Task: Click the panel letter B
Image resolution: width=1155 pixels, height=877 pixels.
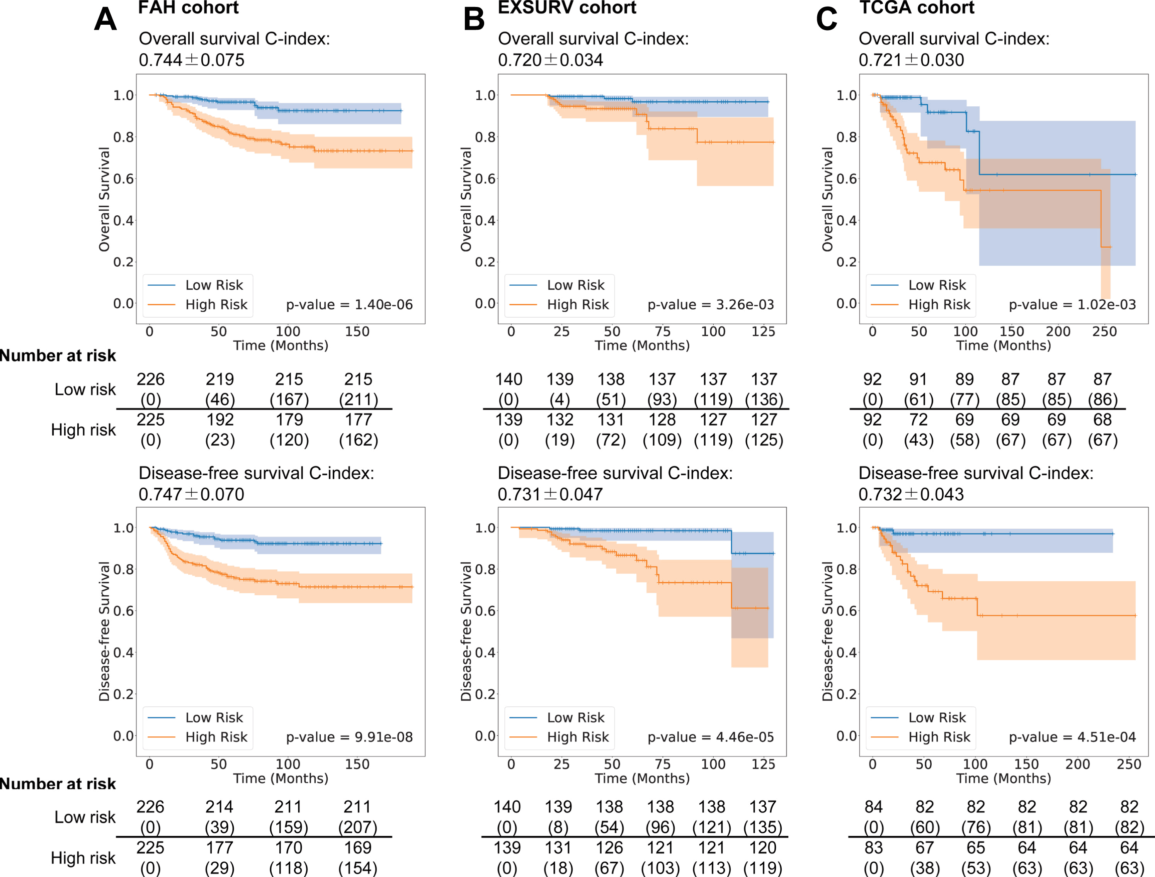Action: tap(474, 19)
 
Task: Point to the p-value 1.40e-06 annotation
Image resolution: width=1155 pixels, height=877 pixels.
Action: tap(349, 305)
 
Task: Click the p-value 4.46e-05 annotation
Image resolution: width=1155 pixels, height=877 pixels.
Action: tap(711, 737)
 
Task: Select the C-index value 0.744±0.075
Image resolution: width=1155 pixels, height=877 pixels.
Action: tap(191, 60)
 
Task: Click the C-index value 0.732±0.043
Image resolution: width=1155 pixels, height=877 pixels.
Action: tap(911, 494)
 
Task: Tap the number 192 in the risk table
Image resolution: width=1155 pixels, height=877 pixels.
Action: tap(220, 419)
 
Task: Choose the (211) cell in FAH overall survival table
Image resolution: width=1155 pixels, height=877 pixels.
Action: tap(358, 400)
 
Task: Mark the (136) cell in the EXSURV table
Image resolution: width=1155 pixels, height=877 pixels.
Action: tap(764, 400)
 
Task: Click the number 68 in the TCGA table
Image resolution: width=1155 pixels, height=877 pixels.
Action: tap(1102, 419)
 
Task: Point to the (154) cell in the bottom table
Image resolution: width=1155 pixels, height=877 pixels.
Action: tap(358, 868)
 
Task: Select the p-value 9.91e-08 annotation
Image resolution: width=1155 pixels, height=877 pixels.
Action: tap(349, 737)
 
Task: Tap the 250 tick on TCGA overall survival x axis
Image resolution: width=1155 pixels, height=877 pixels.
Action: tap(1104, 332)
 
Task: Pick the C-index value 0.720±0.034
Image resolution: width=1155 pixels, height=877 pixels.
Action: tap(550, 60)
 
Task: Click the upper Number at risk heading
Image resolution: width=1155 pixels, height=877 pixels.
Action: tap(58, 356)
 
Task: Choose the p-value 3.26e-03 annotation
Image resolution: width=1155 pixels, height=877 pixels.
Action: tap(711, 305)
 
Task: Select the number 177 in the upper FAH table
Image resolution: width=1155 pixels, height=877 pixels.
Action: tap(358, 419)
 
